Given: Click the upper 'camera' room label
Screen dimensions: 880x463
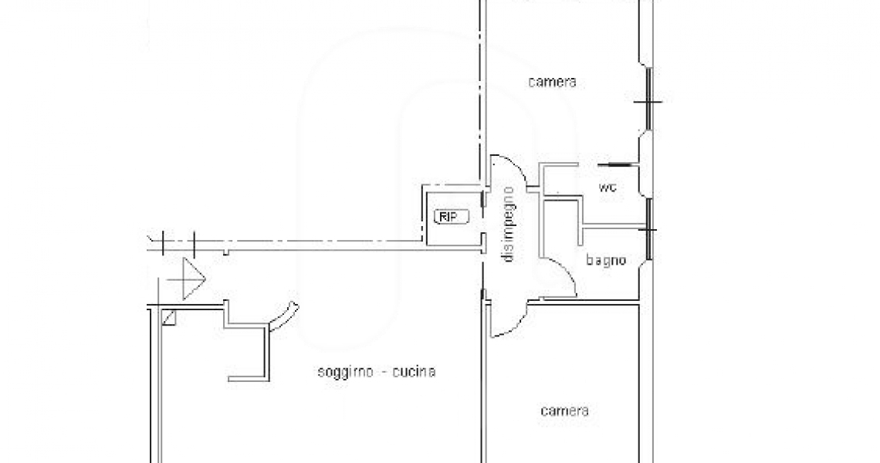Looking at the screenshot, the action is (552, 82).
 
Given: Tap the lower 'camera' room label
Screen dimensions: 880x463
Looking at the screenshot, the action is (564, 411).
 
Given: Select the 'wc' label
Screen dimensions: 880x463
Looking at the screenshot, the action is (608, 188).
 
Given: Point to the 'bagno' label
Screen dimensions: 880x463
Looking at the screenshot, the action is (605, 260).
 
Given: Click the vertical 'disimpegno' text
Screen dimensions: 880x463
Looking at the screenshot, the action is (509, 224).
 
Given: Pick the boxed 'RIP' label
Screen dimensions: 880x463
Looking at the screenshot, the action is (452, 217).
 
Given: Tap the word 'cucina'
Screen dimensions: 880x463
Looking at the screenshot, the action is (415, 371).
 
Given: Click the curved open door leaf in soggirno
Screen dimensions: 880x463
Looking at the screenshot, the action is (284, 317).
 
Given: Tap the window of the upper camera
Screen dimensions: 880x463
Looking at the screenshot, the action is (648, 100).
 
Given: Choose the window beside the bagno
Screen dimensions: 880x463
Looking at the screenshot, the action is (648, 229).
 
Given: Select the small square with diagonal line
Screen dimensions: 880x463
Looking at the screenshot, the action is (169, 318).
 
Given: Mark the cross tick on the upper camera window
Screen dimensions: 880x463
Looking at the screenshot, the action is (648, 102).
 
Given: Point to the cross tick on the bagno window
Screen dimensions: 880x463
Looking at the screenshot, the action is (650, 230).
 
